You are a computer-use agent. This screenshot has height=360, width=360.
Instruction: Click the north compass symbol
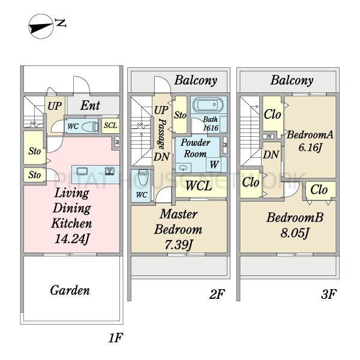coord(43,27)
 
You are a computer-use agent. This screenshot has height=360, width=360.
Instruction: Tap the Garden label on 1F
coord(70,291)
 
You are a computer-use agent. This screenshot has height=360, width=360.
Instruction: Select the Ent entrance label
coord(91,106)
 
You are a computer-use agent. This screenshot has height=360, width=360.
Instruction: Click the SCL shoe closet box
coord(110,125)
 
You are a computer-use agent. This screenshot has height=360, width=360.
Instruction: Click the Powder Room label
coord(196,148)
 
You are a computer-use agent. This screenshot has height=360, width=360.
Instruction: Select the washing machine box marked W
coord(214,164)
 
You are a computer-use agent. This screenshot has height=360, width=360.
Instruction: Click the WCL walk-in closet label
coord(198,186)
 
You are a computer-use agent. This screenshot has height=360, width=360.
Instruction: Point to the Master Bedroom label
coord(178,222)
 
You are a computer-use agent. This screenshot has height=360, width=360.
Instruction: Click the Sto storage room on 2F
coord(180,114)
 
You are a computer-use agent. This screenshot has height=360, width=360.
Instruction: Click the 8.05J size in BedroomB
coord(295,232)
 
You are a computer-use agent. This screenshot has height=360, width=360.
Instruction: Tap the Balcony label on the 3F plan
coord(292,80)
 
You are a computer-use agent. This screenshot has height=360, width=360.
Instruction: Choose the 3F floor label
coord(328,295)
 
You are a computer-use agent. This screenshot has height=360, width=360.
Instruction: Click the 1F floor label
coord(115,338)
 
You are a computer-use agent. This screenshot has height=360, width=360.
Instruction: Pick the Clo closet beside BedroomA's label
coord(272,114)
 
